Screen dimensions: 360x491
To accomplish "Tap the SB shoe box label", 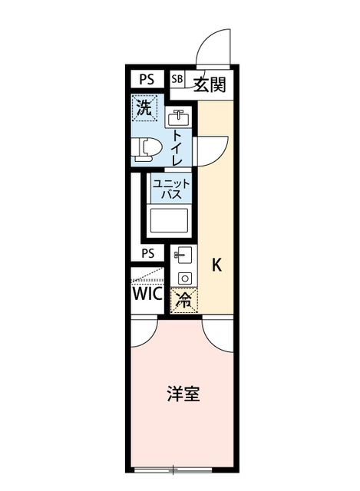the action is coord(177,79).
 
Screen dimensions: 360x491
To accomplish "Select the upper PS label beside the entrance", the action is coord(147,79).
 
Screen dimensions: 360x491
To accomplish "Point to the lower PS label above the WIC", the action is coord(148,253).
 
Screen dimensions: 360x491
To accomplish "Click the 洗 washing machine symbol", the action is coord(144,107).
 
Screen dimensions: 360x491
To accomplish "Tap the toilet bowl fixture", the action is coord(147,150).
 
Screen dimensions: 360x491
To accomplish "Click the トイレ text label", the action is coord(177,148).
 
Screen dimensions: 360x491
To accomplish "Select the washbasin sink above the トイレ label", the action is coord(178,117).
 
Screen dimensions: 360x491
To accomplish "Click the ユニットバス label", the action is coord(171,189).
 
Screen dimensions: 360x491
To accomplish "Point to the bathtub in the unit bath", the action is coord(169,220).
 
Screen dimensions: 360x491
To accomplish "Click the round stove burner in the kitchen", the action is coord(185,278).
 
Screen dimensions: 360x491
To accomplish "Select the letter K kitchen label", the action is coord(216,265).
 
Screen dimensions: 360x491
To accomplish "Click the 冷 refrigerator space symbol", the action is coord(183,300).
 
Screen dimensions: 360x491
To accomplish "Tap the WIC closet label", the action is coord(147,293).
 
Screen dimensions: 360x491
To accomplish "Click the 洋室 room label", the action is coord(183,394).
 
